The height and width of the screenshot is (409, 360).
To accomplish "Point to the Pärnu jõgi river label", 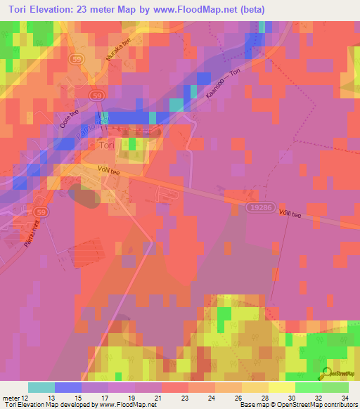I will [x=102, y=124].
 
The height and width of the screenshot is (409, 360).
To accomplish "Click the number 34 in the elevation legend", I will [x=343, y=398].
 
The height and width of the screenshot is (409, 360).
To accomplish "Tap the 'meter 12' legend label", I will [x=15, y=398].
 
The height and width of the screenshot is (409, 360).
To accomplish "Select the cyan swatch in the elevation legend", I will [x=41, y=387].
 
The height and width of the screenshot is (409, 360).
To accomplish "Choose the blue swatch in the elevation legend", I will [x=67, y=387].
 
